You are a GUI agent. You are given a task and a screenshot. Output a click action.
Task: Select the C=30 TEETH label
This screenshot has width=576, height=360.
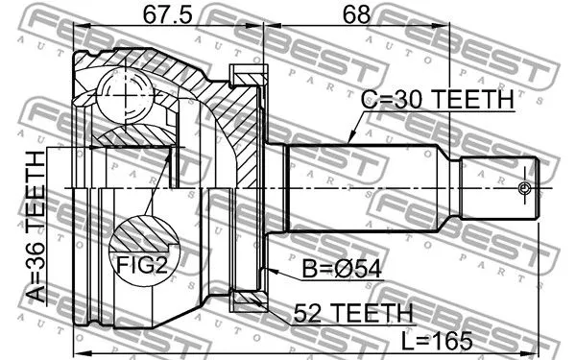tap(437, 99)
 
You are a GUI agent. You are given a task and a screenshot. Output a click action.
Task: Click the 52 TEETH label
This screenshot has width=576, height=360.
tap(341, 313)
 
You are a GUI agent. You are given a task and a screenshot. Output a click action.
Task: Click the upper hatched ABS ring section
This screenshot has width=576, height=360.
tap(247, 74)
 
